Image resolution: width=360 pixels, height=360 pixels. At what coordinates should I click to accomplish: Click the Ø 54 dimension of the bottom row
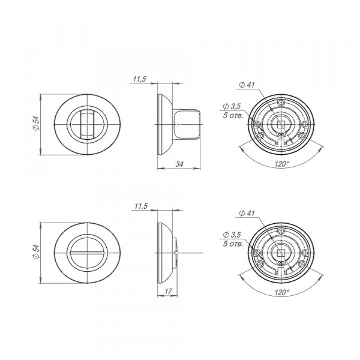[36, 252]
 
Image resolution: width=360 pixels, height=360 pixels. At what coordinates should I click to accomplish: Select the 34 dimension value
[179, 164]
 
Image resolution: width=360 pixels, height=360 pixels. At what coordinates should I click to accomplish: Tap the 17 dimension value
[168, 292]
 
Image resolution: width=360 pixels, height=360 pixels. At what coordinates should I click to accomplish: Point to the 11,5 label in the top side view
[139, 79]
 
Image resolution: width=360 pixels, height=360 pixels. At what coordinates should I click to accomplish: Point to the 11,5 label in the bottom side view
[141, 206]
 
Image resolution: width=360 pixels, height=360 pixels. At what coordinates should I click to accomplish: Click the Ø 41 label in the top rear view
[247, 85]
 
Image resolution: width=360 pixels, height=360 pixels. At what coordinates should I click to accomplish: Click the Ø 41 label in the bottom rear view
[247, 213]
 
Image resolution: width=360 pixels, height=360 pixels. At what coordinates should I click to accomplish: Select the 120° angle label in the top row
[282, 164]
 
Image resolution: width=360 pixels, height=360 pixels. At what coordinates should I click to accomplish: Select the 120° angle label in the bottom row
[282, 292]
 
